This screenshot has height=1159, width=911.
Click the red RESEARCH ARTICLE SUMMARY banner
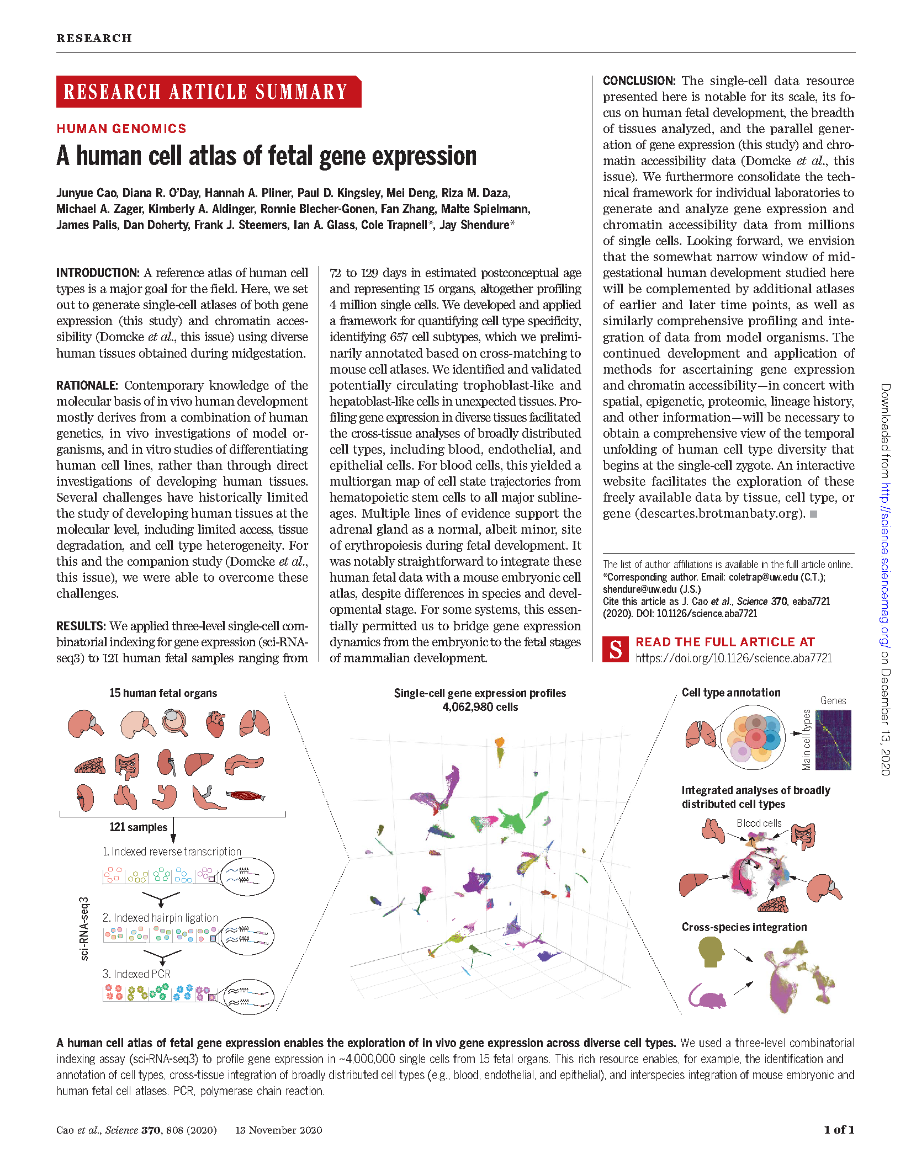[x=208, y=92]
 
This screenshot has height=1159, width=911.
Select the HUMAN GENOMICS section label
[x=121, y=129]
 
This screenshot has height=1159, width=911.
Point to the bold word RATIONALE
[x=87, y=385]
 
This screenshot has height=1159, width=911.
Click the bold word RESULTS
[x=81, y=626]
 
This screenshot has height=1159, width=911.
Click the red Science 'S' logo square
[x=616, y=650]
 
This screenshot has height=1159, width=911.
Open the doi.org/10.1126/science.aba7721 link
[x=734, y=658]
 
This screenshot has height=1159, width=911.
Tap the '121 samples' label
[x=138, y=827]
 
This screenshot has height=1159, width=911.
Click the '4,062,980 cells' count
[x=480, y=707]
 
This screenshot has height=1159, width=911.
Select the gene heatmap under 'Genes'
[x=833, y=740]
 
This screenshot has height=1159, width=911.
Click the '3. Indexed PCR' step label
[x=136, y=974]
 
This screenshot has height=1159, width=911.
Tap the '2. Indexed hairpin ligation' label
[x=160, y=918]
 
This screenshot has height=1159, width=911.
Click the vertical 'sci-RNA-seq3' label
[x=84, y=928]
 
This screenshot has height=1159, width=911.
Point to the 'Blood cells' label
[x=759, y=823]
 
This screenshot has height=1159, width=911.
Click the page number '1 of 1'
[x=839, y=1130]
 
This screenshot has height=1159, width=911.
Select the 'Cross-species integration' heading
[x=744, y=927]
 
